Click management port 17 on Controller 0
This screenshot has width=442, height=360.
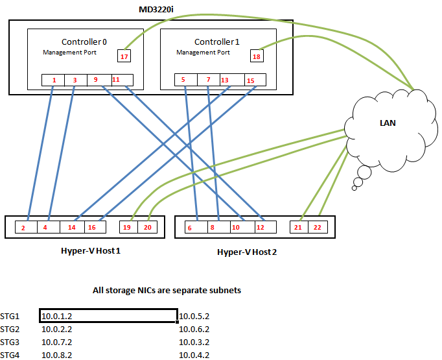(x=123, y=56)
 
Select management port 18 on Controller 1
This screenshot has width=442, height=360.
(x=257, y=56)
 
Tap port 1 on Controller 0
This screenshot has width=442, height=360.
(x=54, y=80)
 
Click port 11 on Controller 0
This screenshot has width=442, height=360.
(x=116, y=80)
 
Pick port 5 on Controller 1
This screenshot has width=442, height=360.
(x=184, y=80)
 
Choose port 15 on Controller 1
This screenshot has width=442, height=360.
(x=250, y=80)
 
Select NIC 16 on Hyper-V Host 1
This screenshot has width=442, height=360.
(x=92, y=228)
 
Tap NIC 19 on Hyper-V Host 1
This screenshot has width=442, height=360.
(x=128, y=228)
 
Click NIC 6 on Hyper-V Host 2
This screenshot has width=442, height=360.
(x=189, y=228)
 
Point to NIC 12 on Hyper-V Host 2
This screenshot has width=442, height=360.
(x=261, y=228)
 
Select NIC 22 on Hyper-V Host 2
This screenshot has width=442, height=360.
(x=317, y=228)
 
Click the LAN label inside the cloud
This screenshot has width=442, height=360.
(x=388, y=123)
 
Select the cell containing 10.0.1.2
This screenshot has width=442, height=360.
(x=108, y=316)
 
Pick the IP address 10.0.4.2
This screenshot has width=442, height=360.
(x=194, y=355)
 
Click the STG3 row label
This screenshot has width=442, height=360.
(x=10, y=342)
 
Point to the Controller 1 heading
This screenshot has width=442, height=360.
(x=217, y=42)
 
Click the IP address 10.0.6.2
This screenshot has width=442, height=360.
(x=194, y=329)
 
